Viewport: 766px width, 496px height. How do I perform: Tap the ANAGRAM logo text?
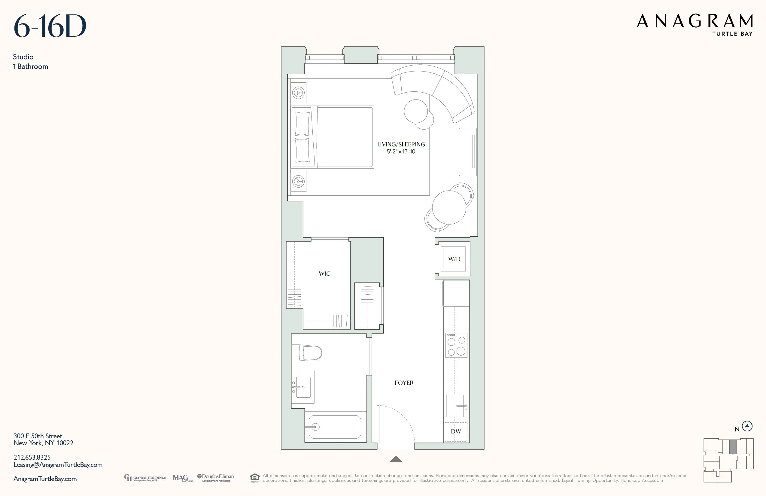[695, 21]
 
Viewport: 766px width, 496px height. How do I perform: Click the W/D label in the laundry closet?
[454, 259]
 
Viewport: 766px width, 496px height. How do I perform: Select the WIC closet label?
[324, 274]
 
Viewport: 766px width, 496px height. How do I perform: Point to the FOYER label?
[404, 383]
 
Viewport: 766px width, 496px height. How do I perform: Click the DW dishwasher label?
[456, 432]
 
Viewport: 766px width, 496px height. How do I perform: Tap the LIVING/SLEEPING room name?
[401, 145]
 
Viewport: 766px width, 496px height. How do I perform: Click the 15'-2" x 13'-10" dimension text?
[401, 152]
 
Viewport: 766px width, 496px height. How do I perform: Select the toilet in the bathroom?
[307, 353]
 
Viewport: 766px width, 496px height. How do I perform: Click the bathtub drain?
[316, 427]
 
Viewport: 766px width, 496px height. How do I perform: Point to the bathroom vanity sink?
[302, 387]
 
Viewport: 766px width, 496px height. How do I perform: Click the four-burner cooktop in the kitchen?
[456, 346]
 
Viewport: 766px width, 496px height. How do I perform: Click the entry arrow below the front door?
[396, 459]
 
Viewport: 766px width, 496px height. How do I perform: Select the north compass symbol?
[747, 426]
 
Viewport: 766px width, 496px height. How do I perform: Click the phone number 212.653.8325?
[32, 457]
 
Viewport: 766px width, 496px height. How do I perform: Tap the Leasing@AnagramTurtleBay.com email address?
[58, 465]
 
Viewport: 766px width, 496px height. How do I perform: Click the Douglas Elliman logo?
[216, 478]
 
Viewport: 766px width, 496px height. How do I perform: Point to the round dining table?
[449, 207]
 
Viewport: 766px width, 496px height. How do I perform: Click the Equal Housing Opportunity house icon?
[255, 478]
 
